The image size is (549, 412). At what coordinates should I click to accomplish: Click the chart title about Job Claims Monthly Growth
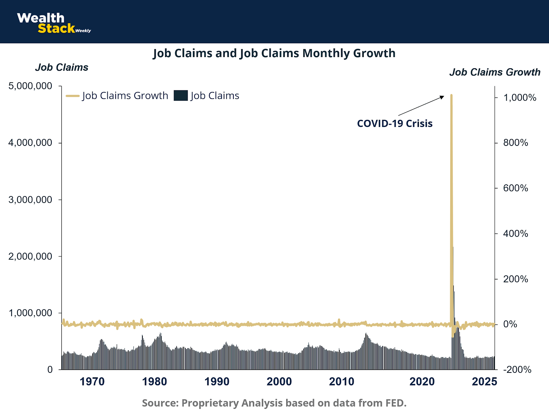click(x=274, y=54)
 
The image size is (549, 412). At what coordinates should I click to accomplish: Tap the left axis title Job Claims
click(x=62, y=67)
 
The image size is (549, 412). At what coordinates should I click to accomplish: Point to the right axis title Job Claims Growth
click(x=495, y=72)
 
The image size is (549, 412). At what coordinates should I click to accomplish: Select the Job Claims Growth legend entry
click(x=117, y=95)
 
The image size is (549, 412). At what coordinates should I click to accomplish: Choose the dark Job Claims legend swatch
click(x=180, y=95)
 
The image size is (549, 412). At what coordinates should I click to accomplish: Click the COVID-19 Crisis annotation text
click(x=395, y=123)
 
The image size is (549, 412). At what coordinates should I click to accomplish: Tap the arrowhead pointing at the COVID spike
click(x=442, y=97)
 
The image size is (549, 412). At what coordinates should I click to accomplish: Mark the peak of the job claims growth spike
click(x=451, y=95)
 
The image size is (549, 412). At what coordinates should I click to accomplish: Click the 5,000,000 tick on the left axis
click(x=30, y=86)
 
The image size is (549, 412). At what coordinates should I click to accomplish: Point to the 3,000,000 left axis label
click(x=30, y=199)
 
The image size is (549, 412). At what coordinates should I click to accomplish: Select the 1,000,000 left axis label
click(x=30, y=313)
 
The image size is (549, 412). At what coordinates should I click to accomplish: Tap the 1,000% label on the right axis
click(x=519, y=98)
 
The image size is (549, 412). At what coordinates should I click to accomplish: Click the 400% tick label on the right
click(x=515, y=234)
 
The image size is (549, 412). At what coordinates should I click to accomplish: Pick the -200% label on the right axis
click(x=517, y=370)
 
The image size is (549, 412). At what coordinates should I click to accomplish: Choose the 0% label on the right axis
click(x=510, y=324)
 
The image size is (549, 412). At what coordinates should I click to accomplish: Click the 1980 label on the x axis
click(x=154, y=381)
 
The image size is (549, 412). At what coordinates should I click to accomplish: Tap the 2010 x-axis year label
click(x=341, y=381)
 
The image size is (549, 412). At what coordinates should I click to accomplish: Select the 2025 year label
click(x=484, y=381)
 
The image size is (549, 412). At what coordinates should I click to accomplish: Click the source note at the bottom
click(x=274, y=403)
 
